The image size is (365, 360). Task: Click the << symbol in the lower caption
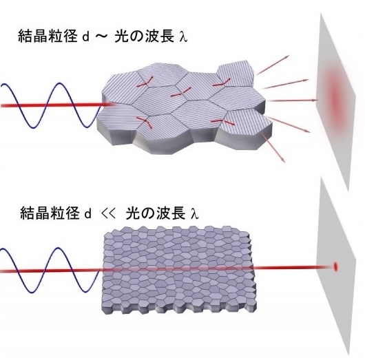109,213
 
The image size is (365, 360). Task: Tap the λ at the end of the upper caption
184,37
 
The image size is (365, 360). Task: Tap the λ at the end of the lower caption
195,213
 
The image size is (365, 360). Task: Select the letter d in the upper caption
86,37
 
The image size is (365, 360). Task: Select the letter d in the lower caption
87,213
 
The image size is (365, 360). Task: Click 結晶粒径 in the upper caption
48,36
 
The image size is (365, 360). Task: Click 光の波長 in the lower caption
156,213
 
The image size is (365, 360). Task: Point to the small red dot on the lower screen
335,266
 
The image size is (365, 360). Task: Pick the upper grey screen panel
335,100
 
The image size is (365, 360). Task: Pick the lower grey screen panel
335,268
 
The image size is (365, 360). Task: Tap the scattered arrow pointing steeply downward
273,147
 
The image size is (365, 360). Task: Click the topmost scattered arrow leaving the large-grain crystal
272,65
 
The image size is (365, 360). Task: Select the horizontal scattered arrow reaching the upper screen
292,100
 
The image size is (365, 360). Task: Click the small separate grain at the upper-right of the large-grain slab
236,73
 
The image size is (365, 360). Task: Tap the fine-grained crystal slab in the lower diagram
179,270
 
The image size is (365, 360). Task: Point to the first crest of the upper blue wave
60,83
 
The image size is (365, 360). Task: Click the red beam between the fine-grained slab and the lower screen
294,267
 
